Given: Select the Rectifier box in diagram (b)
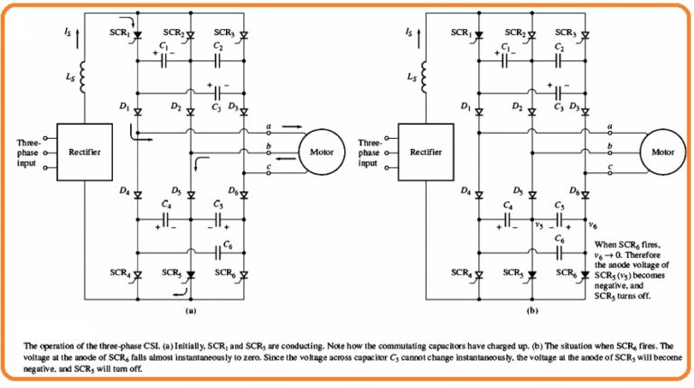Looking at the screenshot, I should coord(430,152).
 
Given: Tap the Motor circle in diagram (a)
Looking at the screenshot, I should coord(322,152).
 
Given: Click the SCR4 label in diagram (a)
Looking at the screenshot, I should coord(114,272).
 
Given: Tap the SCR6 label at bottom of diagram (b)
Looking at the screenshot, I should coord(567,272).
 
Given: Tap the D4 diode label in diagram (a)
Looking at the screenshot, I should coord(123,191).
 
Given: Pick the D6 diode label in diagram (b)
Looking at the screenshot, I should coord(574,191).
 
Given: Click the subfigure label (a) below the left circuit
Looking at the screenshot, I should coord(191,309).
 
